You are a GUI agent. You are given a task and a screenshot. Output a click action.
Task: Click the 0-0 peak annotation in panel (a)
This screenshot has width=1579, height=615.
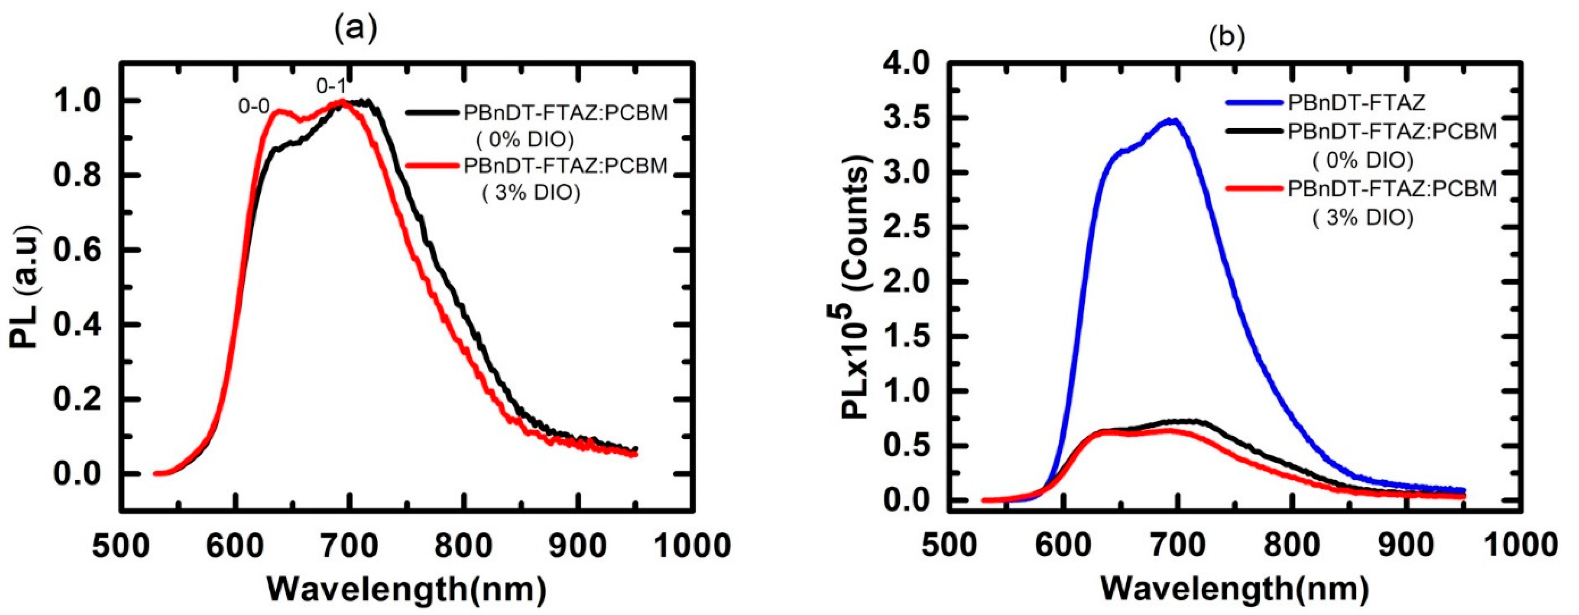pyautogui.click(x=254, y=107)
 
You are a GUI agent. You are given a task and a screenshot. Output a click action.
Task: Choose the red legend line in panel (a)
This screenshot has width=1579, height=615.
pyautogui.click(x=433, y=166)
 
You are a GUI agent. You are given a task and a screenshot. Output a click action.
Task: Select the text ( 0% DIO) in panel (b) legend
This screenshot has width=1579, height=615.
pyautogui.click(x=1362, y=160)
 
